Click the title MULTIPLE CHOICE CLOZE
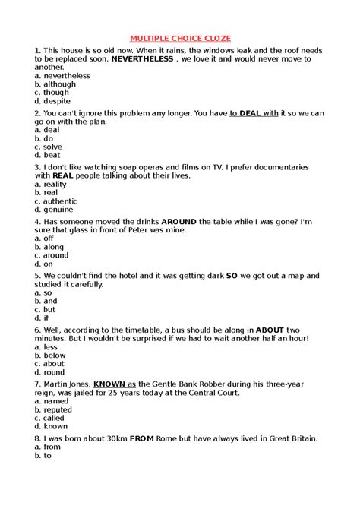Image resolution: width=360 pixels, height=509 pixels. point(180,37)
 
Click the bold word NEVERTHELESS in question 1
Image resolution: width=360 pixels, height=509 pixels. point(143,59)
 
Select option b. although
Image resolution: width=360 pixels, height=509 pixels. point(55,84)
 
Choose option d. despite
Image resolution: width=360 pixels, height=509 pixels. point(52,101)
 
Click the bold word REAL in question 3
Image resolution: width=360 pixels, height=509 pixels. point(62,175)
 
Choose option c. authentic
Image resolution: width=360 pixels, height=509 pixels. point(58,201)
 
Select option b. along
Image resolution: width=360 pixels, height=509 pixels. point(49,247)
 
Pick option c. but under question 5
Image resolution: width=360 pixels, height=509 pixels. point(46,309)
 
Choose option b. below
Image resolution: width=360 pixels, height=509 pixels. point(51,355)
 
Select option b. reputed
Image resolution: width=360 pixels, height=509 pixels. point(54,409)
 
